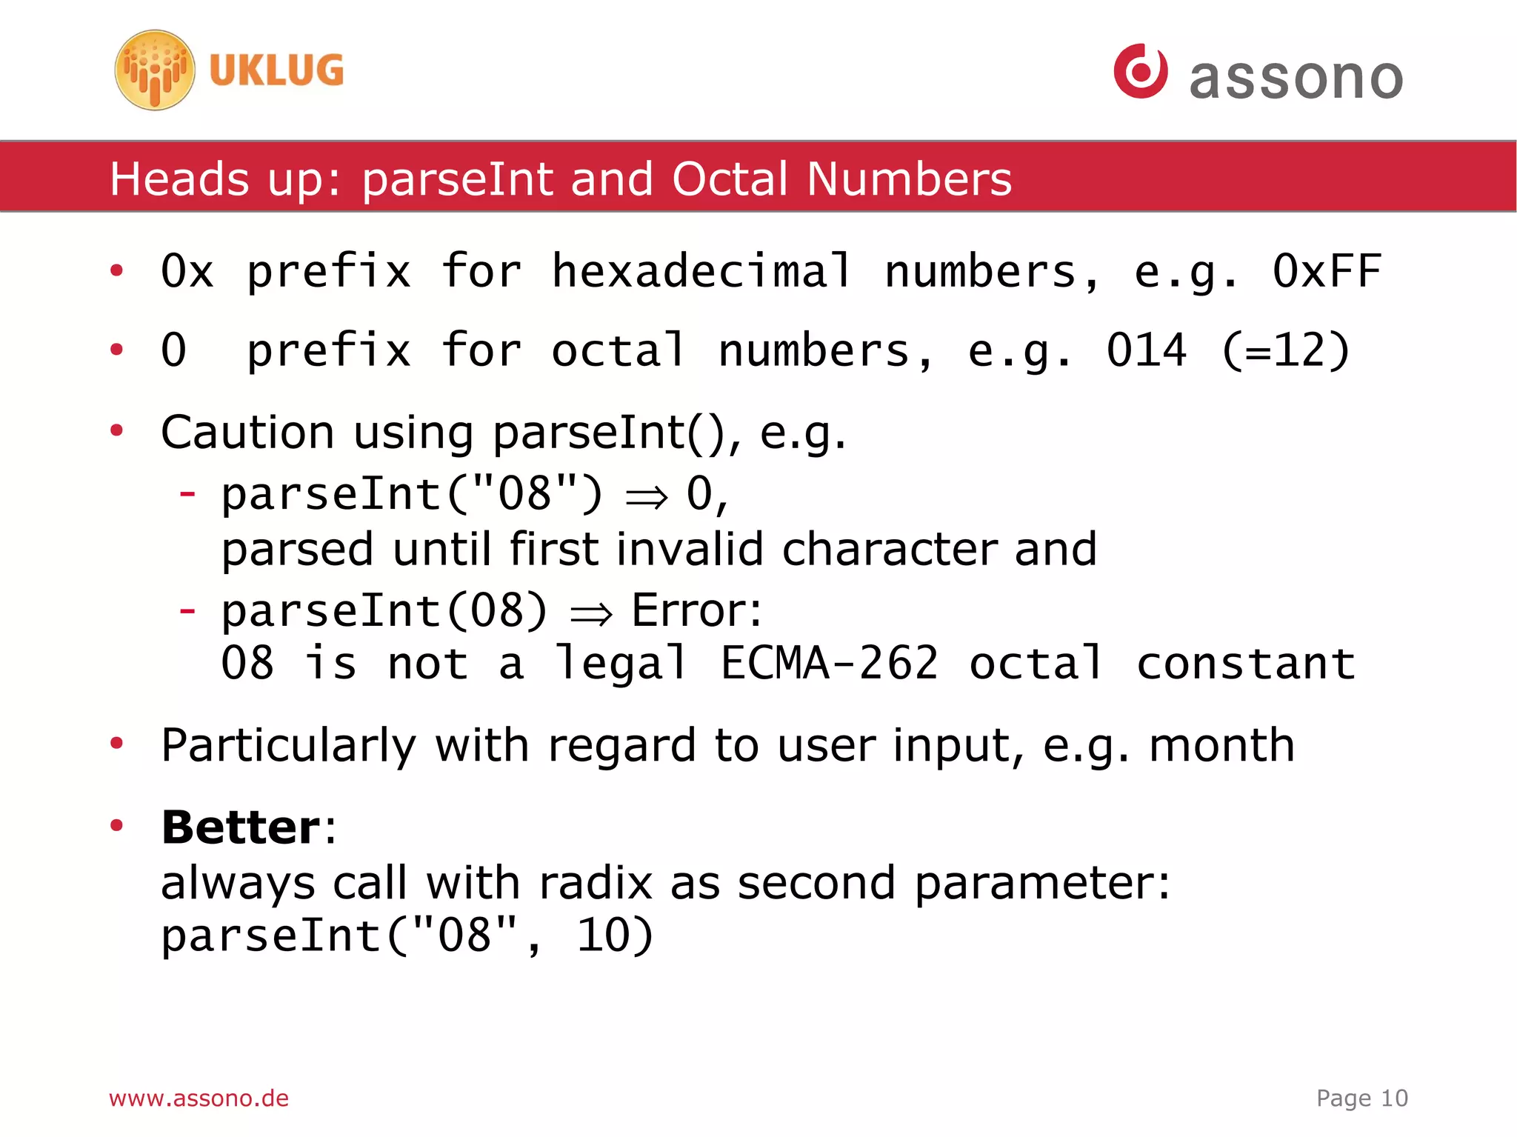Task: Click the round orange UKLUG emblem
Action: [x=155, y=70]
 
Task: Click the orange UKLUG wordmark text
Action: [x=276, y=71]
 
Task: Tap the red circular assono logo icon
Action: [x=1140, y=71]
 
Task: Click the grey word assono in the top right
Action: [x=1296, y=79]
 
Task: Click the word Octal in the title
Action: [x=730, y=179]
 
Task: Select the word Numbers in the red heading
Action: [x=909, y=179]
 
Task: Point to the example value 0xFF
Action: [x=1326, y=271]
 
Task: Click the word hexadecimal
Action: [x=701, y=271]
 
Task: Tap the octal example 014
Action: [x=1146, y=350]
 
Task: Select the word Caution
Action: [x=247, y=433]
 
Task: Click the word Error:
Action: [x=696, y=611]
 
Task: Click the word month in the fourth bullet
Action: [x=1222, y=745]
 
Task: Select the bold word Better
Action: [x=241, y=827]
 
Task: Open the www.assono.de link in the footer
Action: [x=199, y=1098]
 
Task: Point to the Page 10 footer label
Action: [x=1361, y=1098]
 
